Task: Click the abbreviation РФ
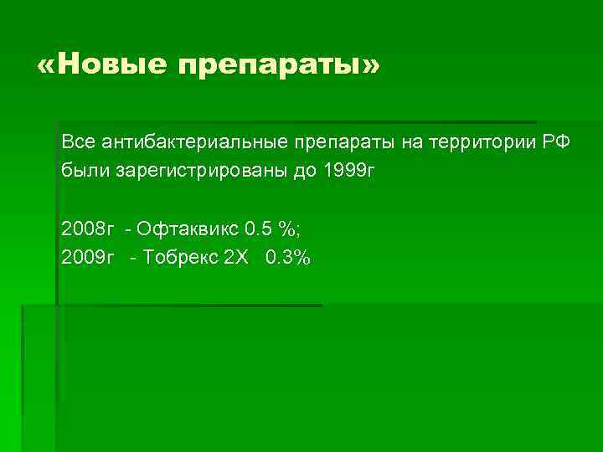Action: [x=555, y=142]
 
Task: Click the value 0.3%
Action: [x=287, y=257]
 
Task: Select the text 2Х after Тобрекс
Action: [x=237, y=257]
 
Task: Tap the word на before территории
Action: [x=413, y=143]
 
